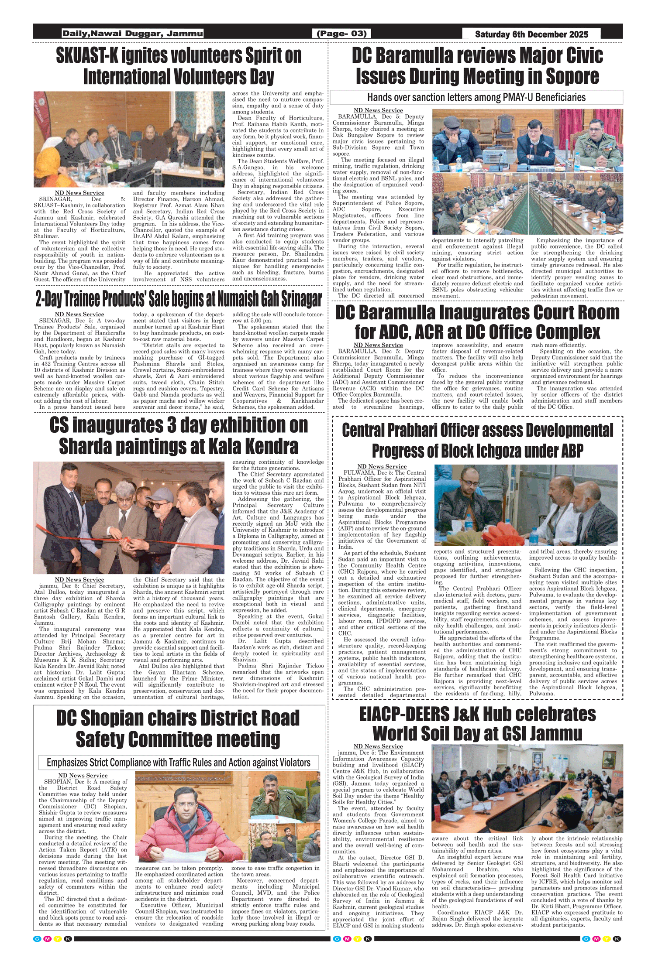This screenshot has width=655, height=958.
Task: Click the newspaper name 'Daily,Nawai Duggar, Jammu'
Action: [132, 34]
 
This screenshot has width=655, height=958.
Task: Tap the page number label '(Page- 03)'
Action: [341, 34]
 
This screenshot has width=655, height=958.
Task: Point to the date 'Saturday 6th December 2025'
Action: [531, 34]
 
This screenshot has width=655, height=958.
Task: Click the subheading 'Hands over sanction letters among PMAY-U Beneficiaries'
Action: [476, 97]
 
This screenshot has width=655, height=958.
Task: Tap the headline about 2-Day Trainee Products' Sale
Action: [179, 299]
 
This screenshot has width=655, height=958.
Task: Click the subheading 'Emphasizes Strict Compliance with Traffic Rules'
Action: [179, 762]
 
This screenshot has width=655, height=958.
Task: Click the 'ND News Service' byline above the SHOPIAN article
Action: [83, 775]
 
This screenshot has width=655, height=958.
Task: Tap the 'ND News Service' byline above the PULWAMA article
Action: [382, 466]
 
